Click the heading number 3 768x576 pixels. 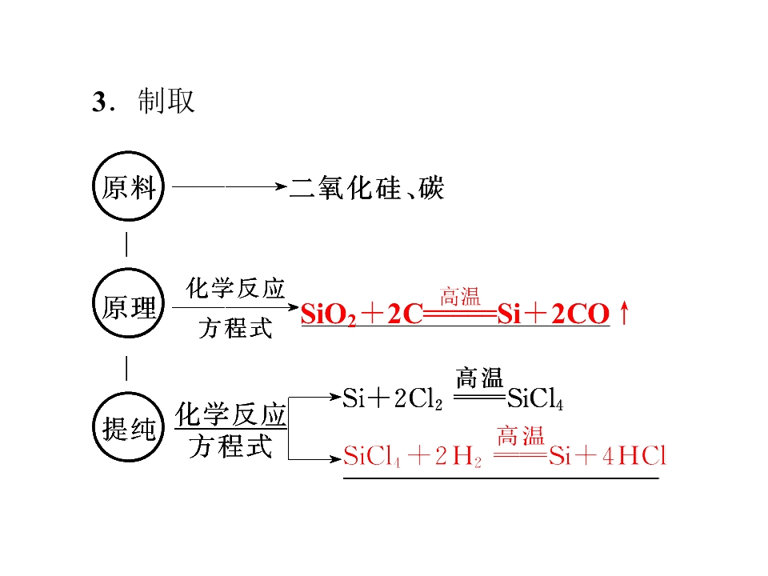tap(99, 102)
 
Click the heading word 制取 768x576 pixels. tap(166, 102)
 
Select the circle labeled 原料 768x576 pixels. tap(128, 152)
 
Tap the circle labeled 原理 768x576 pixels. tap(128, 269)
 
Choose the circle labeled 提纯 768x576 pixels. tap(128, 393)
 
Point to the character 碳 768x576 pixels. tap(431, 187)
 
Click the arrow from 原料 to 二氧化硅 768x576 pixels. tap(230, 186)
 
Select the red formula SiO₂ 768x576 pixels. tap(328, 314)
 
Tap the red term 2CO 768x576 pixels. tap(581, 314)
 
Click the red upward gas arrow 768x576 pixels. tap(623, 313)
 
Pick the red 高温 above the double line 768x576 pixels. tap(460, 297)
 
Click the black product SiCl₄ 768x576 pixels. tap(535, 398)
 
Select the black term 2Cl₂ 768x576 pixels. tap(418, 398)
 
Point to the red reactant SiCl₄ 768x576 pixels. tap(372, 457)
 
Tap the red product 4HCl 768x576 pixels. tap(634, 456)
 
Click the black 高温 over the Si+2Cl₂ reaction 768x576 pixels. tap(479, 378)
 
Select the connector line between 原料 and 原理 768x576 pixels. tap(127, 245)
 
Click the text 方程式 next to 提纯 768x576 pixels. tap(230, 446)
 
